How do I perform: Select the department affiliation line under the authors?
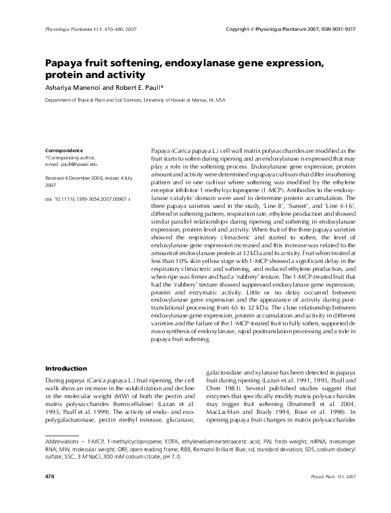tap(134, 101)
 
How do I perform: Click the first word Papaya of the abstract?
tap(160, 151)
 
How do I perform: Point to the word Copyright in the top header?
tap(239, 30)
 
